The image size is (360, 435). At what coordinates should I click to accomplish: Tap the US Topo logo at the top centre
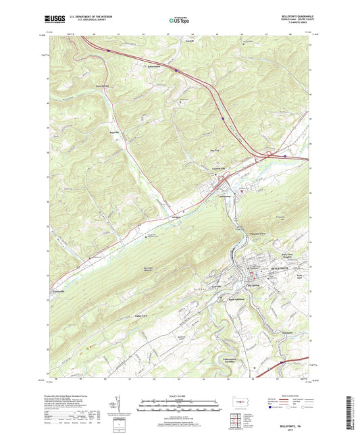(x=179, y=21)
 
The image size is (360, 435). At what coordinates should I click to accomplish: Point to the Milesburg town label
(x=226, y=197)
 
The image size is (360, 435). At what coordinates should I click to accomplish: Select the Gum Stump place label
(x=102, y=86)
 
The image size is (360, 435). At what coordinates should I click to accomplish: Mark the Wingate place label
(x=177, y=217)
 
